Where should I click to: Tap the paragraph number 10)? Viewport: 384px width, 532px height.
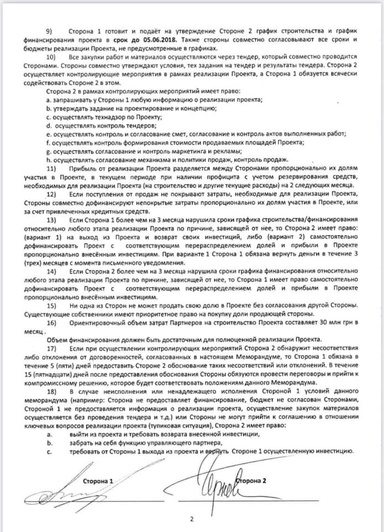point(51,57)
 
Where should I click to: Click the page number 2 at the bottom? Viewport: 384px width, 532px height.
point(191,519)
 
